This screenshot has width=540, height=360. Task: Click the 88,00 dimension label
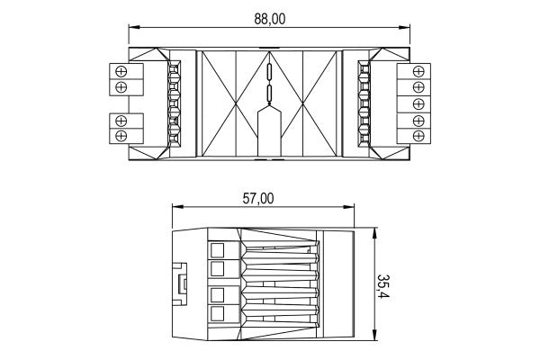point(270,19)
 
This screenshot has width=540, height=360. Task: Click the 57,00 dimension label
point(258,199)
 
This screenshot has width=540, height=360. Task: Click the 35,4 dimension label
point(382,287)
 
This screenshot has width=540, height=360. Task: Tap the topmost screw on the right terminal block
point(418,71)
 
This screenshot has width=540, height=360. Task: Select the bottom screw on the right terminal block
point(418,136)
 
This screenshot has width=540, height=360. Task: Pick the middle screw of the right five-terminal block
point(418,103)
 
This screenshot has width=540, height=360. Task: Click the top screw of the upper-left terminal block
point(121,71)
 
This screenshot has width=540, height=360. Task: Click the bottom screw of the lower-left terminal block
point(121,136)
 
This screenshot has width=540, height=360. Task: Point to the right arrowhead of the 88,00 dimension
point(404,27)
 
